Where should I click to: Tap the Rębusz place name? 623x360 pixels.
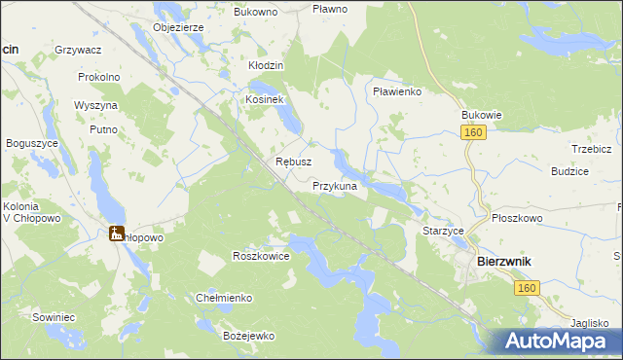coord(293,162)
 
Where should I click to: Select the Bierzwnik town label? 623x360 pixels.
coord(502,262)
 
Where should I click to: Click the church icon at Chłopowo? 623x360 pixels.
coord(116,233)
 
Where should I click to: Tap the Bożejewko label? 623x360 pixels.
coord(248,336)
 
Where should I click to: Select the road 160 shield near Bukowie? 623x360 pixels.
coord(474,132)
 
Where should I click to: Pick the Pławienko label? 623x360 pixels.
coord(396,91)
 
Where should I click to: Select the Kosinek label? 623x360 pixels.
coord(264,100)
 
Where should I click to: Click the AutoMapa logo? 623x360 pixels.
coord(561,340)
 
